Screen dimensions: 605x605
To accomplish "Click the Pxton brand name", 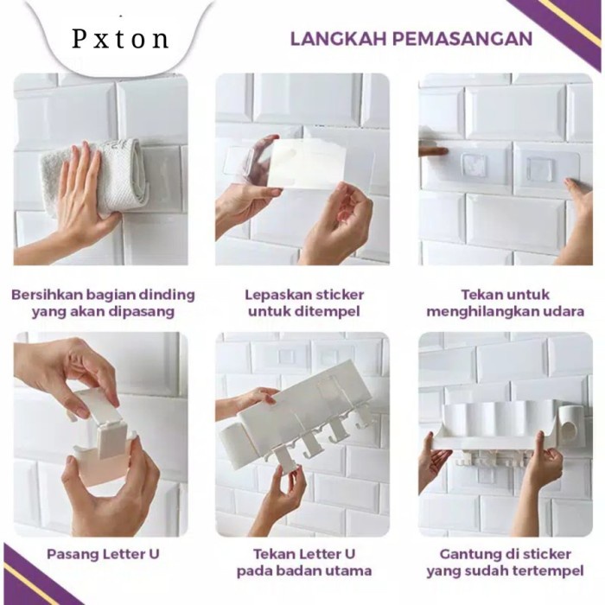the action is coord(120,39).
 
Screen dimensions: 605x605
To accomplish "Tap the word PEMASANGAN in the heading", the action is coord(462,39).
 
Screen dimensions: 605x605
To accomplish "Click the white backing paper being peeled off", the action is coord(308,164).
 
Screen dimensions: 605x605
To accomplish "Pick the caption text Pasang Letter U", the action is coord(103,554).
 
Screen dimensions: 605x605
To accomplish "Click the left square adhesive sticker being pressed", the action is coord(474,167).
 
